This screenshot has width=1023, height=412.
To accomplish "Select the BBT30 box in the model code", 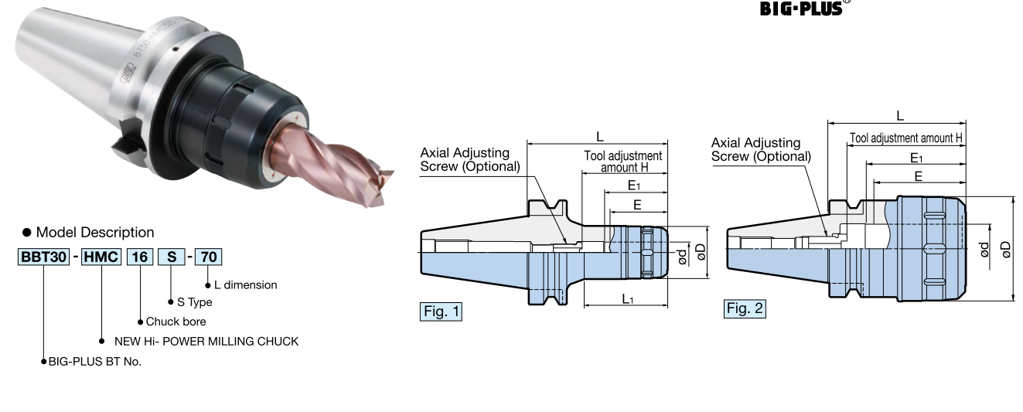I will tap(43, 257).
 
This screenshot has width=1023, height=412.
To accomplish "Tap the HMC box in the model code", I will tap(101, 257).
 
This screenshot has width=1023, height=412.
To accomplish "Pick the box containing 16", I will tap(140, 257).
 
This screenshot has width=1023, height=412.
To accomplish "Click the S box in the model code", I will tap(170, 257).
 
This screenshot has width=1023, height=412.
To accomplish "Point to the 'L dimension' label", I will tap(245, 285).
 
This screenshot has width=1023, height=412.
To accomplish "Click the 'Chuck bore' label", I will tap(176, 322).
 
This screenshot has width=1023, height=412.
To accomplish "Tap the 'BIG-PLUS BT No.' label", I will tap(95, 361).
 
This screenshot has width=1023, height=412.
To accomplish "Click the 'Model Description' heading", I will tap(95, 232).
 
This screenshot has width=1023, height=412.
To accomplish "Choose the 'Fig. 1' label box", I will tap(441, 312).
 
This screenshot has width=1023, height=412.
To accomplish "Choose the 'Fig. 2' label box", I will tap(745, 309).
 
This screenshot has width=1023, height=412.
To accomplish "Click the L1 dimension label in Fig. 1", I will tap(627, 298).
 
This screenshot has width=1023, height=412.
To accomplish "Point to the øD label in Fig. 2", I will tap(1005, 249).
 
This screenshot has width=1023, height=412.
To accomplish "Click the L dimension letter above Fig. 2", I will tap(900, 115).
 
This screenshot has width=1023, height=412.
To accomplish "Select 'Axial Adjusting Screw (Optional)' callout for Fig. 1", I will tap(470, 159).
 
